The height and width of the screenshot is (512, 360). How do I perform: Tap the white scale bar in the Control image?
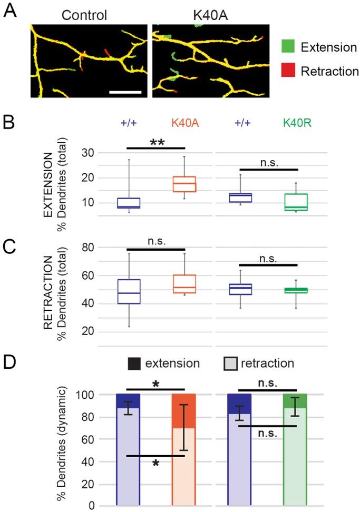point(125,92)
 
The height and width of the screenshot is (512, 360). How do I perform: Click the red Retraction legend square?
point(288,72)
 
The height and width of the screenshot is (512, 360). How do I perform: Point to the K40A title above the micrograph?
point(210,14)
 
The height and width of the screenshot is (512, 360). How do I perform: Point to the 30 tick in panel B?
point(90,153)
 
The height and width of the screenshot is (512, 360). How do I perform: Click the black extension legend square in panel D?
point(135,363)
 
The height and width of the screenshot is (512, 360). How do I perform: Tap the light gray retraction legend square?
point(230,363)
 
